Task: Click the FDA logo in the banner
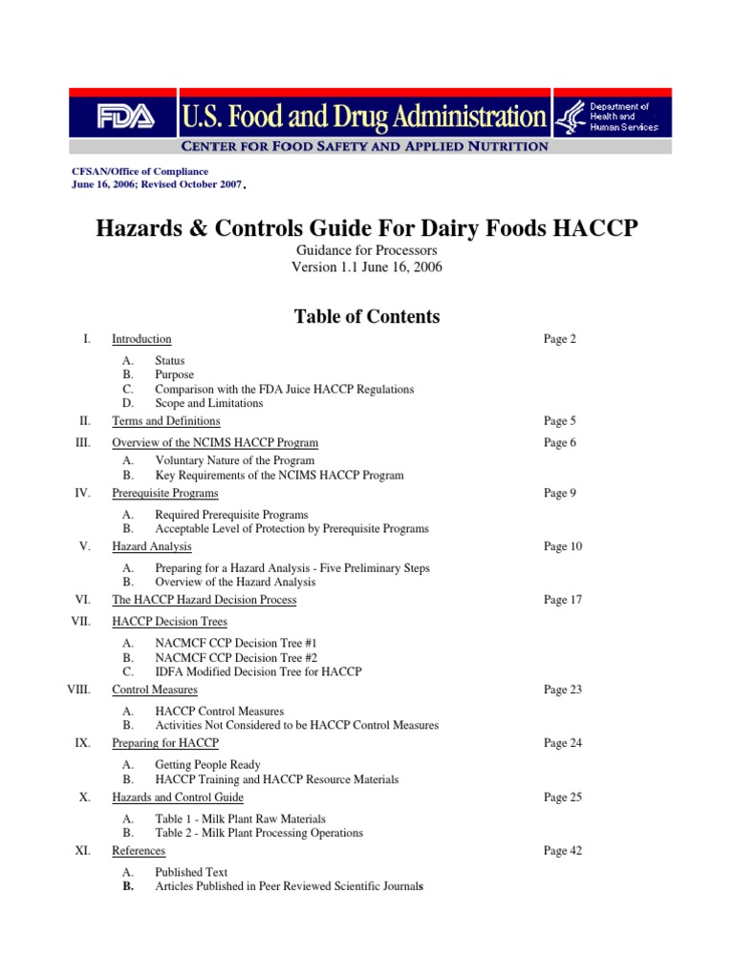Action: pyautogui.click(x=122, y=117)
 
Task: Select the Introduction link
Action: pyautogui.click(x=141, y=339)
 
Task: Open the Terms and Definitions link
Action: pyautogui.click(x=166, y=421)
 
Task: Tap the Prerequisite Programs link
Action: pyautogui.click(x=165, y=494)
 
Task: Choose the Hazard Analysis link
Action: pyautogui.click(x=152, y=547)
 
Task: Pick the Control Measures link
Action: pyautogui.click(x=155, y=690)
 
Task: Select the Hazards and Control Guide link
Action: pyautogui.click(x=178, y=797)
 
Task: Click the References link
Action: pyautogui.click(x=139, y=851)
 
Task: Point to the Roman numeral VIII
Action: pyautogui.click(x=78, y=690)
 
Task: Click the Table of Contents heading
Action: pyautogui.click(x=367, y=317)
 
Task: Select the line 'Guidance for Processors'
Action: pyautogui.click(x=367, y=249)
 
